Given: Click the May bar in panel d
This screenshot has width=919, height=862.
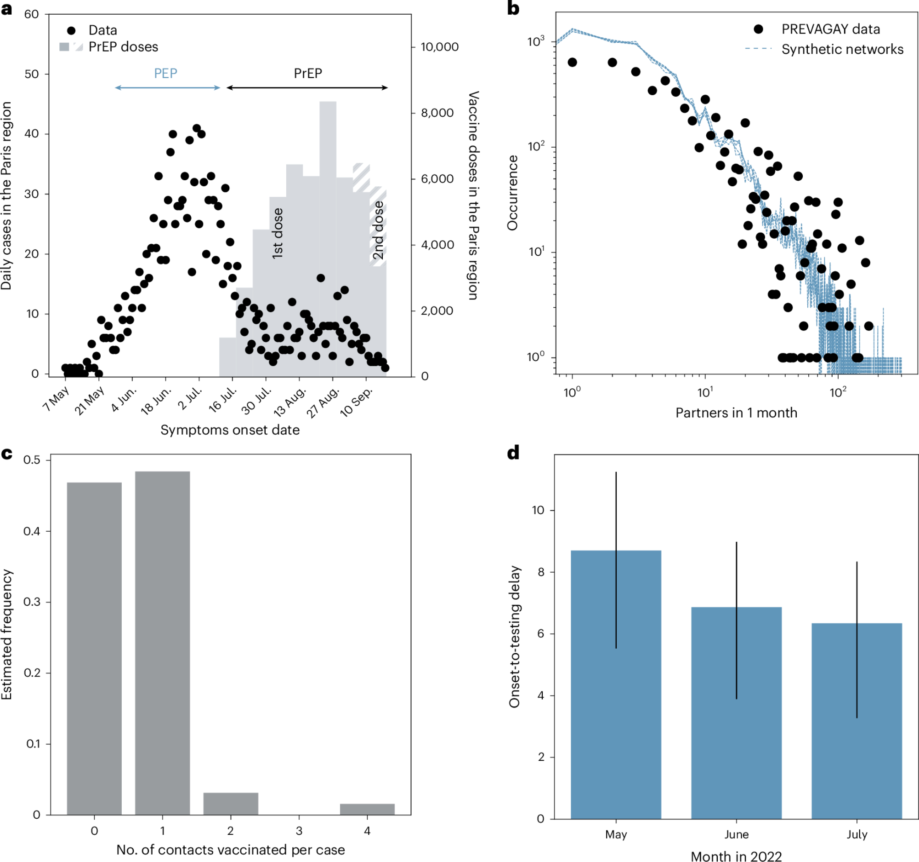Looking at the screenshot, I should pos(616,685).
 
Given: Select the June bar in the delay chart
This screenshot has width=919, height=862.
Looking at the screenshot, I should pos(736,713).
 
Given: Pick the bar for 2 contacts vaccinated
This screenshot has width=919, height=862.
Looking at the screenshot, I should pos(231,804).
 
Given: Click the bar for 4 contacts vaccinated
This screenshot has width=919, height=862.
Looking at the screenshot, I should pos(367,809).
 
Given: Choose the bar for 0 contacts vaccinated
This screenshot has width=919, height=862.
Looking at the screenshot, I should pos(94,648).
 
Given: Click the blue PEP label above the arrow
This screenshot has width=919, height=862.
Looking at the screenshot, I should pos(165,74).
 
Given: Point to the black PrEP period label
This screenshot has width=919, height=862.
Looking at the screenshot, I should pos(308,74).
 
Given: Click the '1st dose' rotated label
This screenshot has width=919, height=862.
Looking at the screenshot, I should pos(278,233).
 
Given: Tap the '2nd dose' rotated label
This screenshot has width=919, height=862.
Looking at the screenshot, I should pos(378,230).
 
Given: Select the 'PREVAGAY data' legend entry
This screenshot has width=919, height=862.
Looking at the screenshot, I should pos(830,29).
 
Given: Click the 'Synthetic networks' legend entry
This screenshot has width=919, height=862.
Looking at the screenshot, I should pos(842,50).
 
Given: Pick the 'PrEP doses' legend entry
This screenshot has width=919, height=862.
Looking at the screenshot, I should pos(123,47).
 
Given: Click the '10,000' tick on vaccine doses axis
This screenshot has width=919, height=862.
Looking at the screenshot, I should pos(439,47).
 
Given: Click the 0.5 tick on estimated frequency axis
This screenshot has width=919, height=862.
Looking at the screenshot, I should pos(32,460).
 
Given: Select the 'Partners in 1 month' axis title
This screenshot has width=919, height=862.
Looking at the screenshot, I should pos(736,413).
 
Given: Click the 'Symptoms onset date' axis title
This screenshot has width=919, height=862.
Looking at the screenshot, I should pos(230,430).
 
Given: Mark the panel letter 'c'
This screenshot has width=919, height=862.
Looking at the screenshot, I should pos(7,454).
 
